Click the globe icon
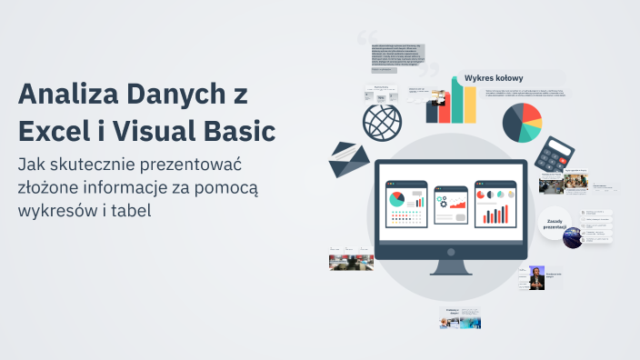pos(382,123)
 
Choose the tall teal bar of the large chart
pos(470,97)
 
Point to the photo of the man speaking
pos(537,278)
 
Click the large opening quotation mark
pos(367,39)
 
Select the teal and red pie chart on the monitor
pos(396,198)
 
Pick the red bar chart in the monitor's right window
pos(495,214)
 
